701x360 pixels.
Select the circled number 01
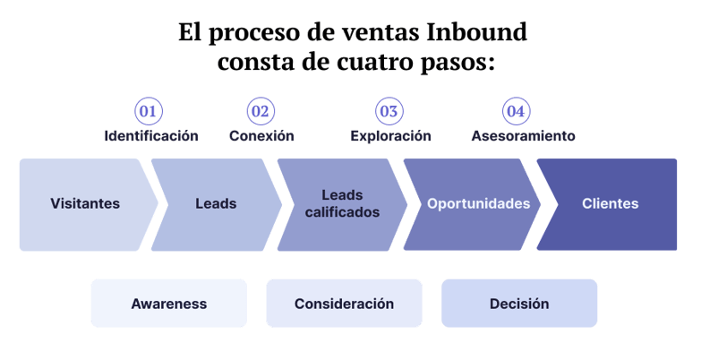[148, 112]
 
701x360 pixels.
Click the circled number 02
[261, 112]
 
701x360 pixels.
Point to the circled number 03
[389, 112]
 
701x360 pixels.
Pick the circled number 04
[515, 112]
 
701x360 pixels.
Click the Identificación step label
[151, 136]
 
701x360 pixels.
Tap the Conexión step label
[261, 136]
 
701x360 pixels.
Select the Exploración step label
[390, 136]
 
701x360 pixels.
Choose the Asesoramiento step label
[523, 136]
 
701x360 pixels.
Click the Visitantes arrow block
[85, 204]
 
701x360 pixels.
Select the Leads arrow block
[216, 204]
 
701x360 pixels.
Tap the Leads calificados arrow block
[342, 204]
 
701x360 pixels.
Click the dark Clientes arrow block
[610, 204]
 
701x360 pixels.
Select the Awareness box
[168, 304]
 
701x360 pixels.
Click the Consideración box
[344, 304]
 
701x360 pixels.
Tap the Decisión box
[519, 304]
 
